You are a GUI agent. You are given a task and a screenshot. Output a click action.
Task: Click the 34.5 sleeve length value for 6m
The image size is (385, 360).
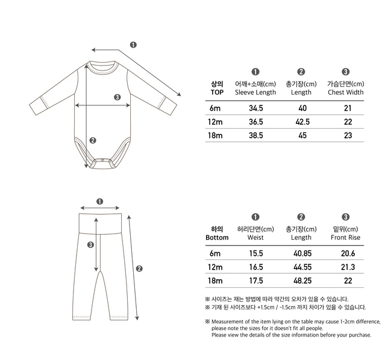255,108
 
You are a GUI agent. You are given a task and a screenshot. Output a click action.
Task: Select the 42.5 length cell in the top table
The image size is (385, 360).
301,122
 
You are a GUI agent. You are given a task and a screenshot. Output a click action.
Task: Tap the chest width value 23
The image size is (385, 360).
347,135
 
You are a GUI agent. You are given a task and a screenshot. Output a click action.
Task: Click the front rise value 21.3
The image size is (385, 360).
347,267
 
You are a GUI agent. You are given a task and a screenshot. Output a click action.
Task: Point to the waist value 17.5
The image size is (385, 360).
255,281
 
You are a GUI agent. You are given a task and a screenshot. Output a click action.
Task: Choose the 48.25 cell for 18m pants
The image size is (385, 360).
301,281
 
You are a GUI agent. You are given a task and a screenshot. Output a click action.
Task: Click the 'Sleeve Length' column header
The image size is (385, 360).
255,92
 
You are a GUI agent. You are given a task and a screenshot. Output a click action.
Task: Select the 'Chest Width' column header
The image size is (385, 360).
346,92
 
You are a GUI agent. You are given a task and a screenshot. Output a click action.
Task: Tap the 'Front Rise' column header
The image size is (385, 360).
346,238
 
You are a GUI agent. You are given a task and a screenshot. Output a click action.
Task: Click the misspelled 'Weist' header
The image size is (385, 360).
255,238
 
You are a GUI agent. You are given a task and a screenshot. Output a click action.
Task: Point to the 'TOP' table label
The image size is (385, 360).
217,92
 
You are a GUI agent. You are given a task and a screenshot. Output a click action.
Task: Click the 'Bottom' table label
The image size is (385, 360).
217,238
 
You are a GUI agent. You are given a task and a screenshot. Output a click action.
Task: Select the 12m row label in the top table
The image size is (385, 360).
215,122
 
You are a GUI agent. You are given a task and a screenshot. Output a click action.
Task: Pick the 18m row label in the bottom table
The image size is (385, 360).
215,281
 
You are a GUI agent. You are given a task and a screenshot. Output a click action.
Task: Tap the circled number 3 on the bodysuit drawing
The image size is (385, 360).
117,97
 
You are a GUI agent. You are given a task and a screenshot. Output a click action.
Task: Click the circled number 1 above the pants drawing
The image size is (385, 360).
99,202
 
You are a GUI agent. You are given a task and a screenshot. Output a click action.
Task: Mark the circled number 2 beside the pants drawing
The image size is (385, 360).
139,268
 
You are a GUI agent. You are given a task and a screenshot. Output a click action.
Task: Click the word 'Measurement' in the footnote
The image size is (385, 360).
229,321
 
